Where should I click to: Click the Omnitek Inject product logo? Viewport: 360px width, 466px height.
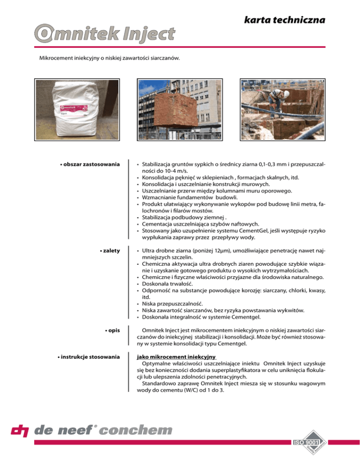(x=105, y=34)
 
